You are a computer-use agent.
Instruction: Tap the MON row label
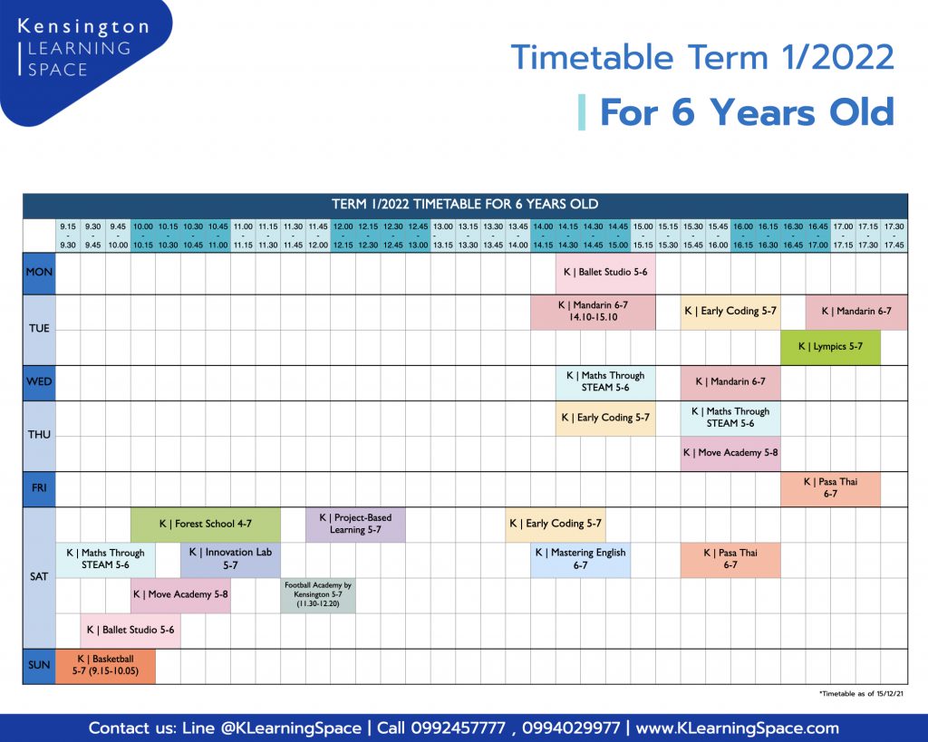(39, 273)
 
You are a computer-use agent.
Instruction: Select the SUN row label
(39, 666)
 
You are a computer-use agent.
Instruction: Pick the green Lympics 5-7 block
(830, 347)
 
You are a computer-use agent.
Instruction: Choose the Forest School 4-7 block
(206, 525)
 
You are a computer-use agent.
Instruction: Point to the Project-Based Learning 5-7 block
(355, 525)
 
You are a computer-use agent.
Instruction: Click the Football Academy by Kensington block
(318, 595)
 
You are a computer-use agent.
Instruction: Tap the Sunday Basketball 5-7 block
(105, 666)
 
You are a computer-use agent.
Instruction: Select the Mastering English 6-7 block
(581, 560)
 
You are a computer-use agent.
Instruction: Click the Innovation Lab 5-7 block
(230, 560)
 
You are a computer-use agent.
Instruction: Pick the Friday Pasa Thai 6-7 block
(830, 488)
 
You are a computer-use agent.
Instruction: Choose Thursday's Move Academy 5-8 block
(730, 453)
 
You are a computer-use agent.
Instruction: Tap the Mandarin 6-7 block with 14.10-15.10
(593, 312)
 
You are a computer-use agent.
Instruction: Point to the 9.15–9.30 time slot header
(68, 236)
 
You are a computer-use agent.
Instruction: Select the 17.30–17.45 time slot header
(894, 236)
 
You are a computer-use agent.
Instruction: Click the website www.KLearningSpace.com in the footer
(737, 728)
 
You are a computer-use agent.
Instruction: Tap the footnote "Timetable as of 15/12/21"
(861, 693)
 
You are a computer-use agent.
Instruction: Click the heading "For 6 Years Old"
(747, 111)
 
